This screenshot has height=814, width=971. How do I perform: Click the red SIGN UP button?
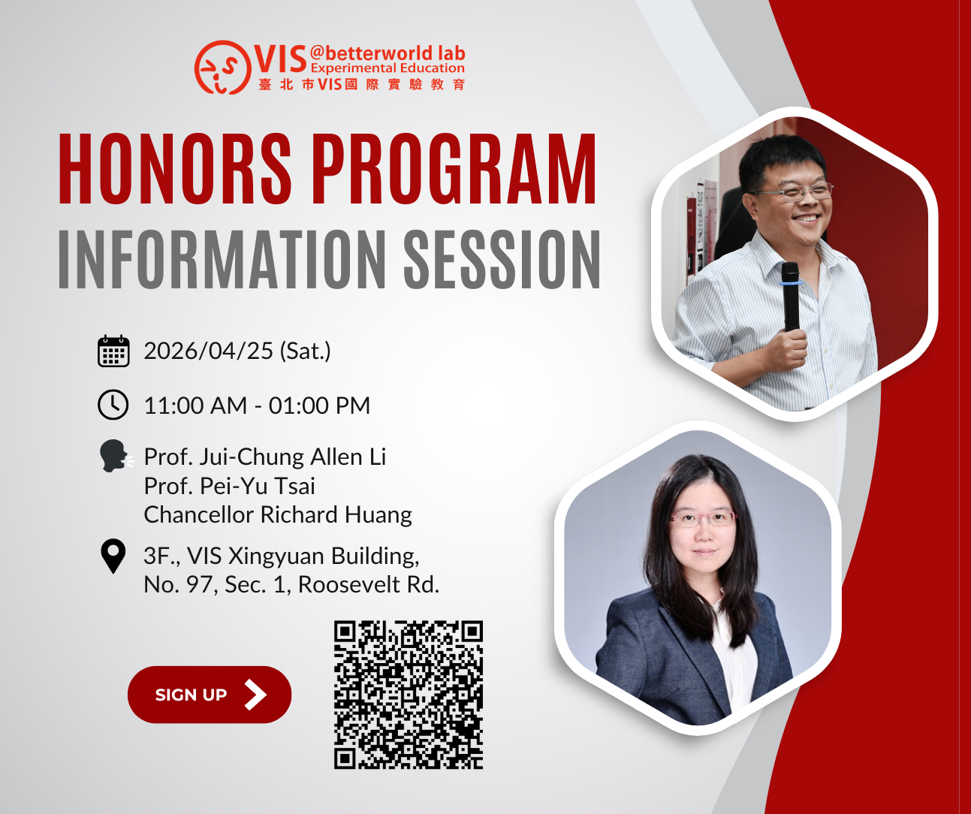coord(210,695)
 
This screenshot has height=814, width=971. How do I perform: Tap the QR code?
coord(409,695)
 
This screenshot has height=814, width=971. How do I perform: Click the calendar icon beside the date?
coord(113,351)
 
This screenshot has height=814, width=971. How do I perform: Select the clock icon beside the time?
coord(113,405)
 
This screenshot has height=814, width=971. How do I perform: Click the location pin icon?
coord(113,556)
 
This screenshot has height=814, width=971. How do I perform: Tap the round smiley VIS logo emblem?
coord(223,68)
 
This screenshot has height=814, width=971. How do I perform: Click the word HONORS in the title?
coord(175,168)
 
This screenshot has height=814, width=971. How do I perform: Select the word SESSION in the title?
coord(502,260)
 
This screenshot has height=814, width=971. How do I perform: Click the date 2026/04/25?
coord(208,351)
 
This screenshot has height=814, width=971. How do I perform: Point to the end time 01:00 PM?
coord(319,405)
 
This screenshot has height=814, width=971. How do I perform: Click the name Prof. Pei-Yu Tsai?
coord(229,487)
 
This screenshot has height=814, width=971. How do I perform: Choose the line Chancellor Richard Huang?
coord(278,515)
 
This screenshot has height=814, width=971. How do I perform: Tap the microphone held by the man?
coord(789,297)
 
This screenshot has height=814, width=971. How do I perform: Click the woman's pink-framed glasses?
coord(704,518)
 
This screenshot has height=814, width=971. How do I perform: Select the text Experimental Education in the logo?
coord(387,68)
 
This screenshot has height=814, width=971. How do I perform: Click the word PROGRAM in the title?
coord(454,168)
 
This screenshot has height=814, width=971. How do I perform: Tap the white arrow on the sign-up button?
coord(256,695)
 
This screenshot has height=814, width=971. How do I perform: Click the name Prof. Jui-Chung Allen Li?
coord(264,457)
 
